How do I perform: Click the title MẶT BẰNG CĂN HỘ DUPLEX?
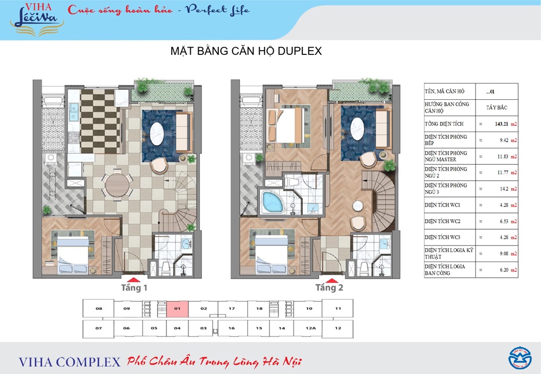click(x=247, y=52)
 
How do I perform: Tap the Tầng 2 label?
click(x=330, y=288)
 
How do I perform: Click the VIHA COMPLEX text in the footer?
click(x=69, y=362)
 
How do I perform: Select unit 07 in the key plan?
click(x=98, y=328)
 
